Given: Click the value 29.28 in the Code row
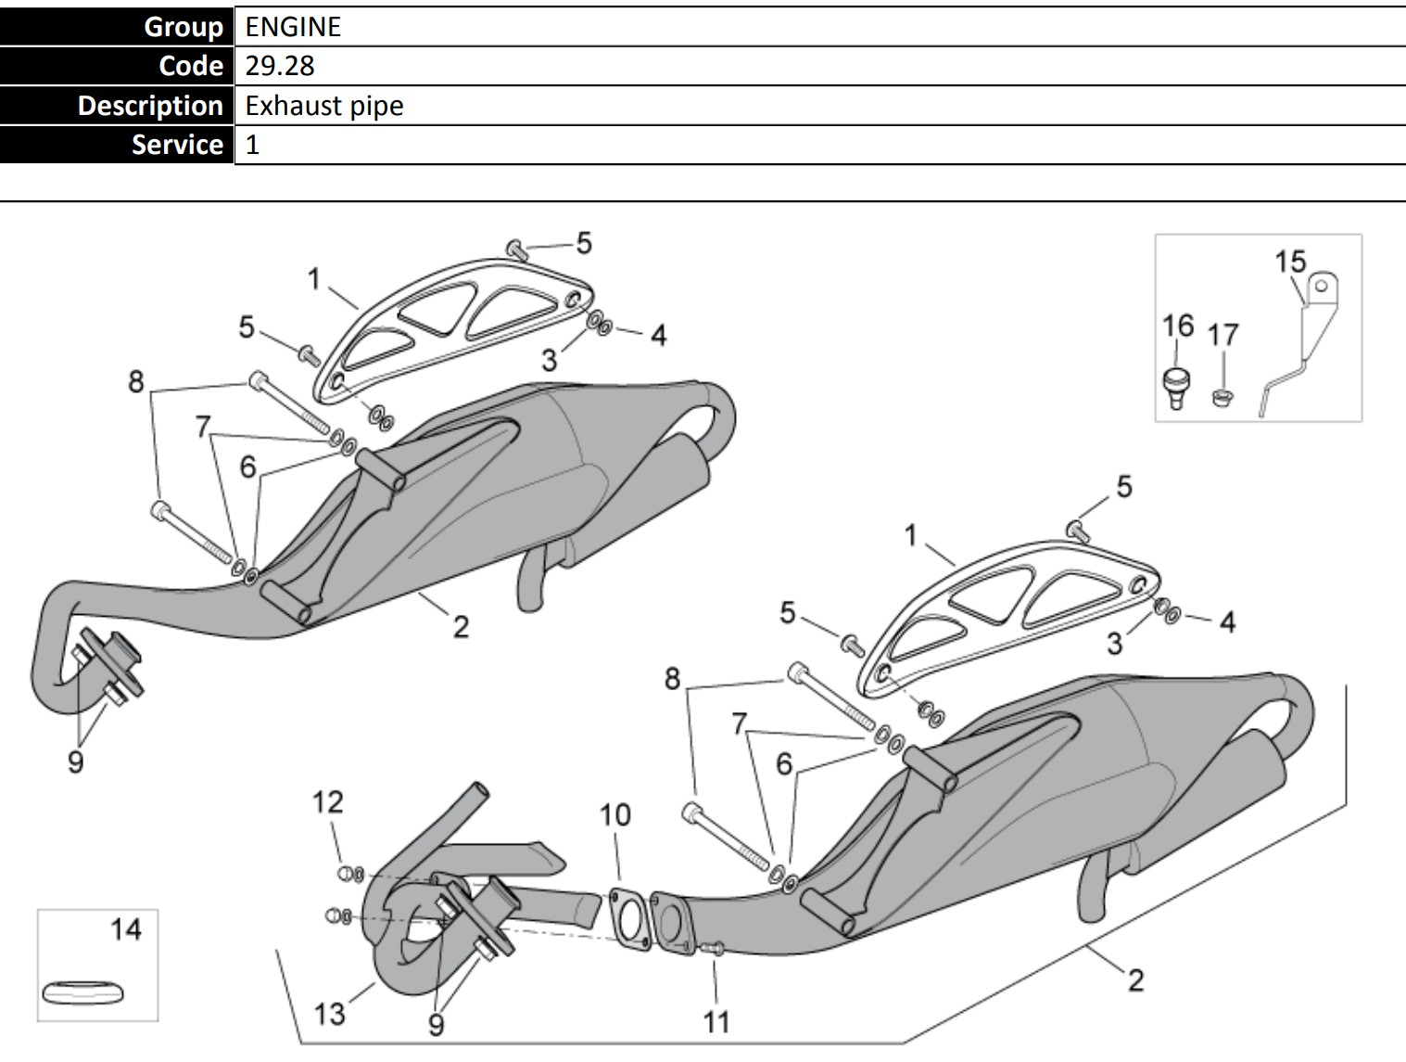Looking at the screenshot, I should tap(280, 66).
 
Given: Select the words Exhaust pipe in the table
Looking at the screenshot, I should tap(324, 106).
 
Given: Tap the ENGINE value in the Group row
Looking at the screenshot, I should tap(293, 27).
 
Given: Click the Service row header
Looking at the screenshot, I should tap(177, 145).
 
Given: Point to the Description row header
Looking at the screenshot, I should tap(150, 106).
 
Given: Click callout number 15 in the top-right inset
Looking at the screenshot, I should tap(1289, 262).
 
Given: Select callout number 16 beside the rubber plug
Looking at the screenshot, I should tap(1177, 326).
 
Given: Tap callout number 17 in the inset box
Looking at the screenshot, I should tap(1223, 334).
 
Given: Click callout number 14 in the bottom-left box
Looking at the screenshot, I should tap(126, 928).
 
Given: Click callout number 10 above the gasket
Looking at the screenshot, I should tap(614, 814).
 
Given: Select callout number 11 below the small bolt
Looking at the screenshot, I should tap(716, 1021).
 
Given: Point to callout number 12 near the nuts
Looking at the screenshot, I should tap(327, 801).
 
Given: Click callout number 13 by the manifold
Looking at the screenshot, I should tap(329, 1013).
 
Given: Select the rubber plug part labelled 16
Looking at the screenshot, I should tap(1176, 386).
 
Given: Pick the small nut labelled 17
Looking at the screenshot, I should tap(1222, 398).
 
